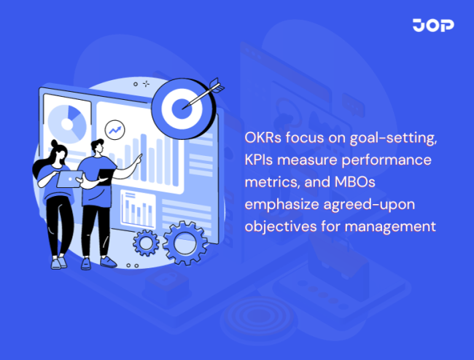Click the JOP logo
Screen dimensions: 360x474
(432, 26)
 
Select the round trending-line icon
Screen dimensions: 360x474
(114, 130)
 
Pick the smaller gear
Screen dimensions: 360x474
(147, 242)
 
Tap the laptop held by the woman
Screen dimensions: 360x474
(67, 177)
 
